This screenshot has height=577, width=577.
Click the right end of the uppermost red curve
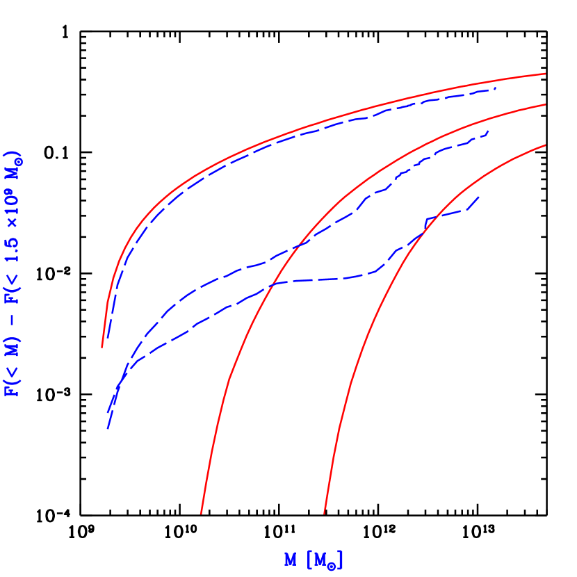pos(545,73)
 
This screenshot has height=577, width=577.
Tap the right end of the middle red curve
pos(545,104)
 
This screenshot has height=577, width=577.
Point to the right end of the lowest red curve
pos(545,145)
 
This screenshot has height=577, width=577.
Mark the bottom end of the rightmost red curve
pos(324,514)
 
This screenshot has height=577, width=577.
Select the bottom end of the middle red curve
pos(201,514)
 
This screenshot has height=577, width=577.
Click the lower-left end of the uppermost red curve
pos(102,347)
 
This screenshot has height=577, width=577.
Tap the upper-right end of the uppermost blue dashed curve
pos(496,88)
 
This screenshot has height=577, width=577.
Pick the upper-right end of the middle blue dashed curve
pos(489,131)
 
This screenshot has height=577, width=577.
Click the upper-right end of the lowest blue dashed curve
pos(479,197)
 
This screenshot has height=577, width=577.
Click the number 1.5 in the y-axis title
pos(13,245)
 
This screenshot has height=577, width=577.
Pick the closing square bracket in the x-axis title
pos(341,560)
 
